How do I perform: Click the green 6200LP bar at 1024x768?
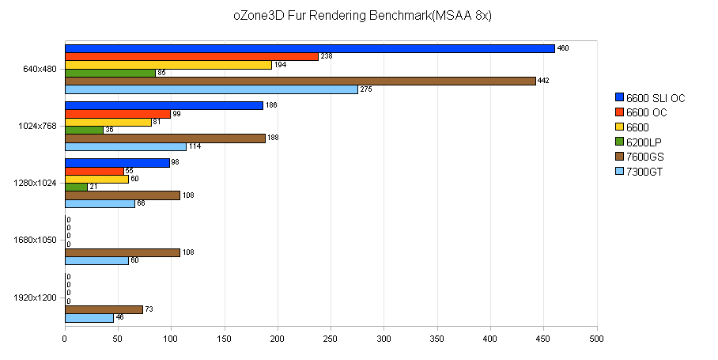pyautogui.click(x=84, y=130)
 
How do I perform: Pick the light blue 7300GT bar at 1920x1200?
pyautogui.click(x=89, y=317)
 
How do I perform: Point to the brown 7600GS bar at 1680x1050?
pyautogui.click(x=122, y=252)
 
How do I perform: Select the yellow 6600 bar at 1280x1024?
pyautogui.click(x=96, y=179)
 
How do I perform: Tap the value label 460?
pyautogui.click(x=563, y=48)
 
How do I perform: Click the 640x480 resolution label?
pyautogui.click(x=40, y=69)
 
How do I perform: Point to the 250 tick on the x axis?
pyautogui.click(x=331, y=339)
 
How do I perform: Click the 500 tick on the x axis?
pyautogui.click(x=596, y=339)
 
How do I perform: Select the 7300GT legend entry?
pyautogui.click(x=644, y=171)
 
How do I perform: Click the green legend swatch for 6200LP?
pyautogui.click(x=619, y=142)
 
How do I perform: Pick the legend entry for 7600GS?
pyautogui.click(x=644, y=157)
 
